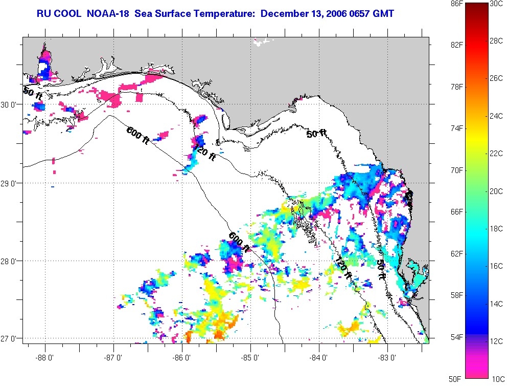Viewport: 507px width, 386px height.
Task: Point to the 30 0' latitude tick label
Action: tap(11, 104)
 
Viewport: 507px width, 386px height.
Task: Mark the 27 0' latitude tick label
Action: tap(11, 339)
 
